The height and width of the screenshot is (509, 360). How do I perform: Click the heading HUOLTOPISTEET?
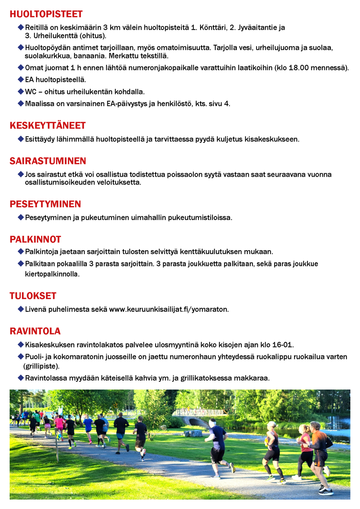(x=46, y=14)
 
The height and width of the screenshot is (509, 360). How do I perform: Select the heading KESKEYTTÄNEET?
(x=48, y=126)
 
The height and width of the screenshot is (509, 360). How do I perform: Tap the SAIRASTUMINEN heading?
(x=48, y=161)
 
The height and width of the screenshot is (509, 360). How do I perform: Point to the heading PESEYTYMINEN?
(x=45, y=204)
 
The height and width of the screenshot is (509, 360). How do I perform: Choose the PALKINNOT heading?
(x=35, y=239)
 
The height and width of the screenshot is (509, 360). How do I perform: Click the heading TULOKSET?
(x=33, y=296)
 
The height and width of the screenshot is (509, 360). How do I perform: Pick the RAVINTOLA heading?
(x=35, y=331)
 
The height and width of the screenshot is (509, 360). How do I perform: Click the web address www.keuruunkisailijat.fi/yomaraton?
(x=168, y=309)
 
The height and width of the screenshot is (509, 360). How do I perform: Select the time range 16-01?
(x=282, y=345)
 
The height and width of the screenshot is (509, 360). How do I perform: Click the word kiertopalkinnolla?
(x=51, y=274)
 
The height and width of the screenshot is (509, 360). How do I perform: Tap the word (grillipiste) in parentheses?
(x=41, y=366)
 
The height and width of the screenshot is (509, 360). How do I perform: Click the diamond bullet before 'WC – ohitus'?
(x=21, y=91)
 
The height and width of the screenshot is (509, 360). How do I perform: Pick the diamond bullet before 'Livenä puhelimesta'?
(x=21, y=309)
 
